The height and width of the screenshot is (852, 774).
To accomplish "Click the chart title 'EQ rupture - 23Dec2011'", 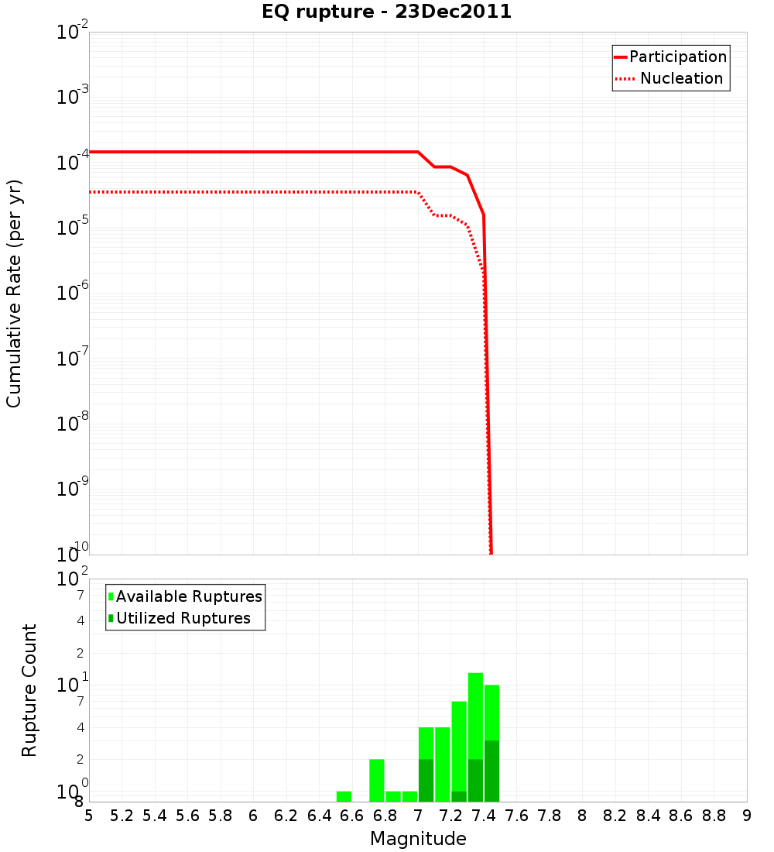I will point(386,12).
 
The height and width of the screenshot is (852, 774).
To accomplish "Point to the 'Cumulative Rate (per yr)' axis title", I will point(14,294).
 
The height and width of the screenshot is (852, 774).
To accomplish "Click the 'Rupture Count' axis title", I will point(29,689).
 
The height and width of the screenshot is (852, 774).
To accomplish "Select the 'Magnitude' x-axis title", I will point(418,839).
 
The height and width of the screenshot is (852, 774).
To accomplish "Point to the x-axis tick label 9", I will point(747,816).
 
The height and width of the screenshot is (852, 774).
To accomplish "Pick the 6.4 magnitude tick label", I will point(319,816).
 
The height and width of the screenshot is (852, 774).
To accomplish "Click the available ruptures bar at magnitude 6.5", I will point(344,796).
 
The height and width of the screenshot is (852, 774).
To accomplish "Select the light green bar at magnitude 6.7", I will point(377,780).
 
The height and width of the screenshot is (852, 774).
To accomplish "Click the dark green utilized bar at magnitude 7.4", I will point(491,771).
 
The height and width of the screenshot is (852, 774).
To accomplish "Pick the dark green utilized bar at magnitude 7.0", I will point(426,780).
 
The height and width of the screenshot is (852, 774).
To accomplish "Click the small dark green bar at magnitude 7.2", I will point(459,796).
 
